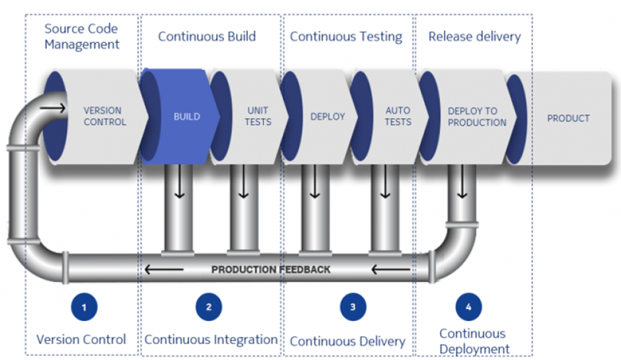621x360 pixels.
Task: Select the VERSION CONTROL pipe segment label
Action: (104, 116)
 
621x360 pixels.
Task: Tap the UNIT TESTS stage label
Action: (258, 116)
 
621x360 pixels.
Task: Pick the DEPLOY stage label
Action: (328, 117)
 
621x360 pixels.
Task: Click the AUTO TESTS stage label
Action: (398, 116)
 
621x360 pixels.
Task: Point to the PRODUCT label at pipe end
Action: (568, 118)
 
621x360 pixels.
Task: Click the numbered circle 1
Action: (84, 307)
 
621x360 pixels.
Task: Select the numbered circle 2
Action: (209, 307)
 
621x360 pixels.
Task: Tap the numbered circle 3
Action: (353, 307)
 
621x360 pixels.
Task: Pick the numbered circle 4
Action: (468, 307)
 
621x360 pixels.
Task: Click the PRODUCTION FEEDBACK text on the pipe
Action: (271, 270)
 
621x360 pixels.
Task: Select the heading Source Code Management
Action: (82, 37)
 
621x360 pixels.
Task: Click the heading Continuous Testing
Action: (346, 36)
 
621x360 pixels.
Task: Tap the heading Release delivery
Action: (474, 36)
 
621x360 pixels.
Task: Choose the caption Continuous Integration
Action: (211, 340)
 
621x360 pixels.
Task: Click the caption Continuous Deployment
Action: (474, 341)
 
